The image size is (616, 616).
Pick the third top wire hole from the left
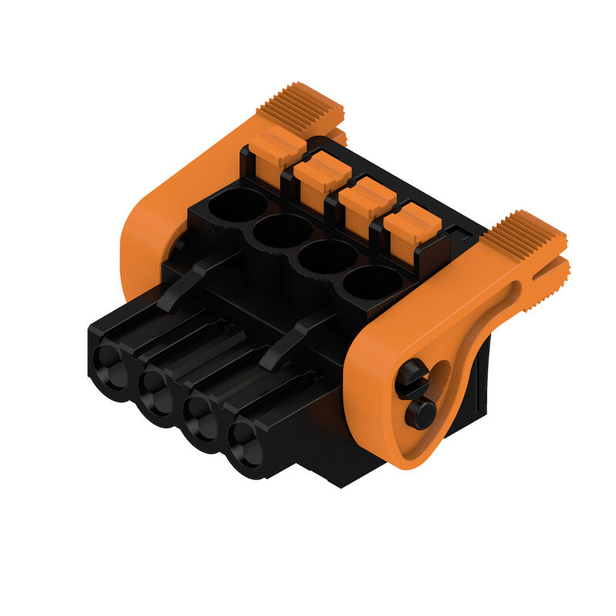(326, 256)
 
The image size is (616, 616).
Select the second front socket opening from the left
(159, 391)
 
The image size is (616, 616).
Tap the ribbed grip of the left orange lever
(300, 103)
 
